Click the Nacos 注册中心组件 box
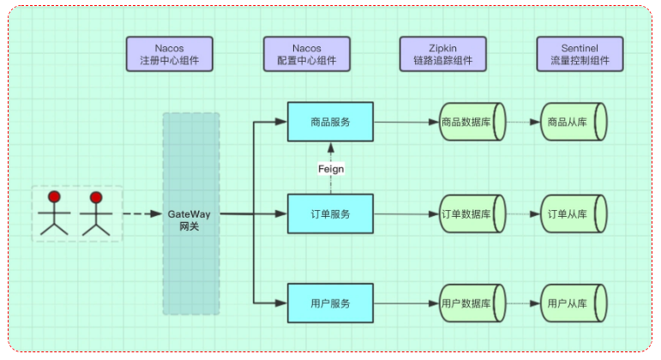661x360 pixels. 168,53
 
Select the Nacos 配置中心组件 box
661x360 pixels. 306,53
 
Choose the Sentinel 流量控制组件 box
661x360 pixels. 580,53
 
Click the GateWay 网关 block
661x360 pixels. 190,213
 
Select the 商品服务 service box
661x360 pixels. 330,123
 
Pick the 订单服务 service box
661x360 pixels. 330,213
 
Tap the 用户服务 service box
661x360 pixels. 330,303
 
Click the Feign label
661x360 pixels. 330,169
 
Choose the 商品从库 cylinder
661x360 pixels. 574,123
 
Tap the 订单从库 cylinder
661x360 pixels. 574,213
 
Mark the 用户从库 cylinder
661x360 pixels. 574,303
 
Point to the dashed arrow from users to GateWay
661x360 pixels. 141,213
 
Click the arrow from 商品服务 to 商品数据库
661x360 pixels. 406,123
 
